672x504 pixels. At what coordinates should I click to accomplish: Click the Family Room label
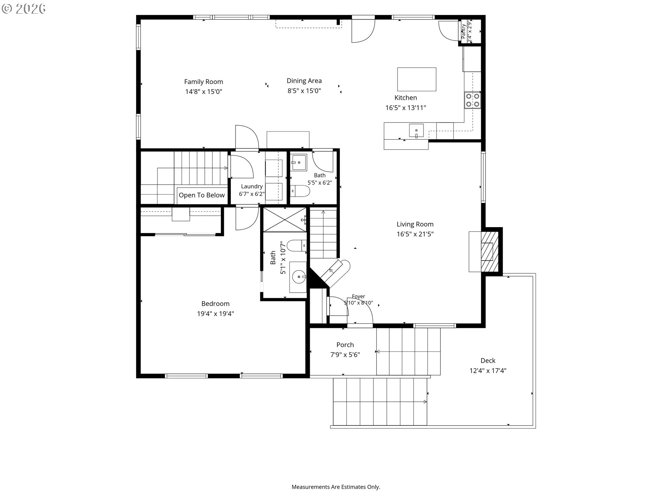click(x=203, y=82)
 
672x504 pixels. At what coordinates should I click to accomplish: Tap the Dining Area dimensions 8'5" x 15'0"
click(x=304, y=91)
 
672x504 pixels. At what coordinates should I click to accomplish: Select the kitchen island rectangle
click(x=416, y=79)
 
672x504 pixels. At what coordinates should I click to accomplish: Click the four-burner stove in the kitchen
click(x=472, y=100)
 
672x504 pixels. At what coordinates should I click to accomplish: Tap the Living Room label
click(x=415, y=224)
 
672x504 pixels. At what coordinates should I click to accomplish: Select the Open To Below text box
click(x=202, y=195)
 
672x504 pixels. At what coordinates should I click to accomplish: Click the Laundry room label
click(x=252, y=187)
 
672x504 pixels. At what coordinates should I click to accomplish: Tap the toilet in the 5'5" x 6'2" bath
click(x=301, y=191)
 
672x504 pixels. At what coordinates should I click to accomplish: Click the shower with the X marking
click(x=285, y=219)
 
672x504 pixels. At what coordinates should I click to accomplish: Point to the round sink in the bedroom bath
click(x=299, y=278)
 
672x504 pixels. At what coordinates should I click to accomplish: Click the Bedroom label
click(x=215, y=304)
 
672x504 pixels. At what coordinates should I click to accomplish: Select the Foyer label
click(x=358, y=296)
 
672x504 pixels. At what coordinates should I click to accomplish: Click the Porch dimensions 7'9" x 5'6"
click(x=345, y=355)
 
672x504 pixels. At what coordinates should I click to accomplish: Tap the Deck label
click(x=488, y=360)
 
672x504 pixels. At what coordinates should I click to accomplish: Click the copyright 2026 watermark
click(x=23, y=9)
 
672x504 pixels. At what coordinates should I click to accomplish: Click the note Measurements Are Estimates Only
click(x=336, y=487)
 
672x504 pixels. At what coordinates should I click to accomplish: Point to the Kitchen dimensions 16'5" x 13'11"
click(x=406, y=108)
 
